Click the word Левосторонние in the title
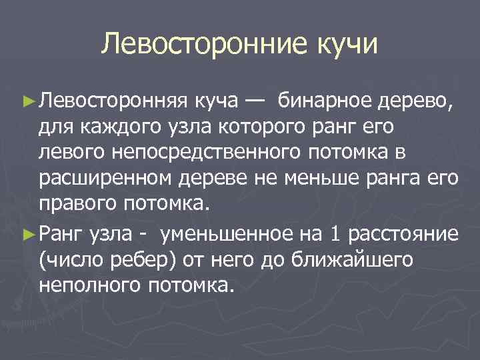201,46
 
